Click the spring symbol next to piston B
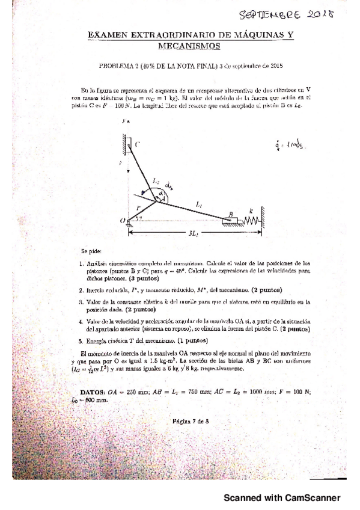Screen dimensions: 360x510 pyautogui.click(x=250, y=220)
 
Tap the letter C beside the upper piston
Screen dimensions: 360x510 pyautogui.click(x=137, y=144)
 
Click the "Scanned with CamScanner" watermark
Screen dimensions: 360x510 pyautogui.click(x=282, y=497)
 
